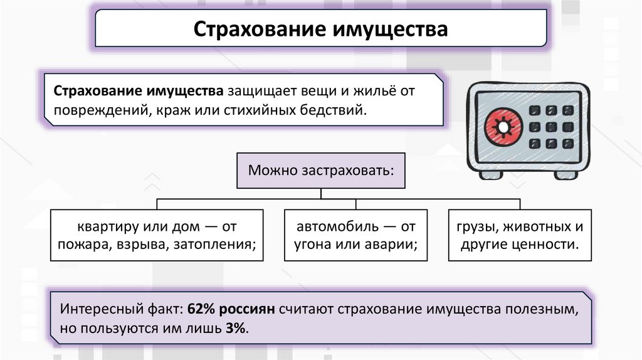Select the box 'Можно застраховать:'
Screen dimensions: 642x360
(x=321, y=170)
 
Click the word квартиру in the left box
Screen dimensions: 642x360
(x=103, y=226)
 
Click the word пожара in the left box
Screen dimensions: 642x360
(x=83, y=243)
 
